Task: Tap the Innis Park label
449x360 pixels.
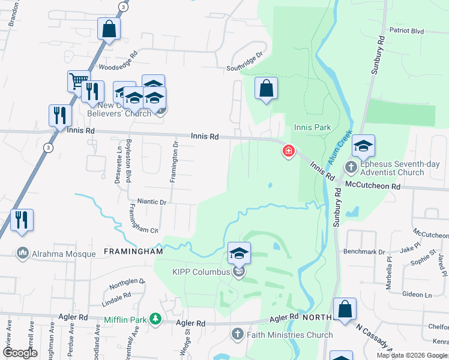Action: [313, 127]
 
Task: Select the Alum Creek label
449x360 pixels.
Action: [340, 149]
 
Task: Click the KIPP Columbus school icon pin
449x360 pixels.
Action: [238, 254]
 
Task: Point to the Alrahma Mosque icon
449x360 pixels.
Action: [23, 254]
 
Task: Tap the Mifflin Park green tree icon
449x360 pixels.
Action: [155, 319]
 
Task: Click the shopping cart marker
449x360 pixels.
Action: [78, 82]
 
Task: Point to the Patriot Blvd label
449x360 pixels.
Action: [406, 31]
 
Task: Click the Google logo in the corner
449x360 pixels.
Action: [20, 353]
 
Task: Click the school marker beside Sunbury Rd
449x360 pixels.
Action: [363, 146]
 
